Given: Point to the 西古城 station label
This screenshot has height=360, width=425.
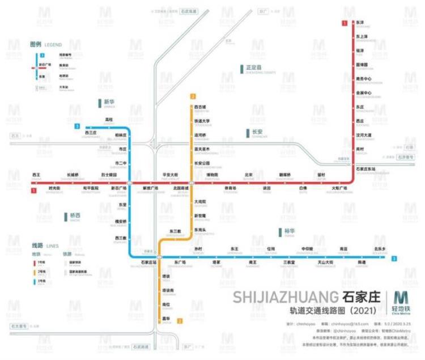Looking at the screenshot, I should click(x=200, y=107).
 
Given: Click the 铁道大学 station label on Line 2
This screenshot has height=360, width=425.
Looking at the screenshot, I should click(x=202, y=121).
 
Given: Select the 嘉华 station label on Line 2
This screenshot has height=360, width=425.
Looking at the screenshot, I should click(x=166, y=318).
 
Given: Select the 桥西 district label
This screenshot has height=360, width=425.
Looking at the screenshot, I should click(x=75, y=216).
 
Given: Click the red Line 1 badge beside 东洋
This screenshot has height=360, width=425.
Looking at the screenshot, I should click(x=344, y=23).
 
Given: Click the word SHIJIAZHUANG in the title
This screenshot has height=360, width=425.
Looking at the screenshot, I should click(x=286, y=297).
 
